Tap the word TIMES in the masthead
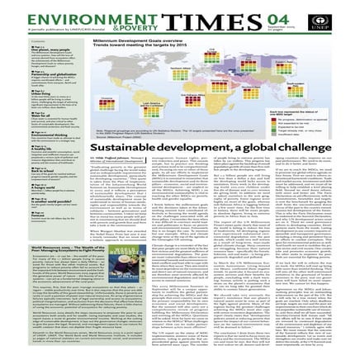197,17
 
